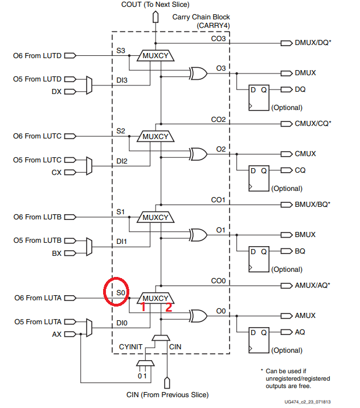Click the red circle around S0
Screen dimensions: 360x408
click(x=104, y=291)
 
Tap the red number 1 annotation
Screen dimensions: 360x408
click(x=143, y=307)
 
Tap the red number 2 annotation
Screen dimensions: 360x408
click(x=169, y=307)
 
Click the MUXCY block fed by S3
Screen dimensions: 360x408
click(x=156, y=56)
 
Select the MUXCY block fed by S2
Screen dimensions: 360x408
click(x=156, y=136)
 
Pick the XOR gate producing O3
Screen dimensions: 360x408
click(x=198, y=74)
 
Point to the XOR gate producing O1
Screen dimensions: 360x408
click(x=198, y=235)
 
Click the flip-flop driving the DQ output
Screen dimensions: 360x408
click(x=259, y=98)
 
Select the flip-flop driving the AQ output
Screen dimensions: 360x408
click(x=259, y=340)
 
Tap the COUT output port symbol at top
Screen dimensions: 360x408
click(x=156, y=17)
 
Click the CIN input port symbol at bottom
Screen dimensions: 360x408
click(x=167, y=383)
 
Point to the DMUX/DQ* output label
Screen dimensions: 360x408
click(x=313, y=43)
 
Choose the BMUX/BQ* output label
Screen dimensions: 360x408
click(x=312, y=205)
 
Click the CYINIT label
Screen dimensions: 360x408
click(x=130, y=347)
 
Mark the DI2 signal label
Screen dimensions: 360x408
click(x=122, y=161)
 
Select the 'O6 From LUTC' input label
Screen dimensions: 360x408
click(x=37, y=136)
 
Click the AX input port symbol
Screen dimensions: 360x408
click(x=70, y=334)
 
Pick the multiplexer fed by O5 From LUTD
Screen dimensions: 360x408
click(x=89, y=85)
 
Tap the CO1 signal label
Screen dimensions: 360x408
click(x=218, y=200)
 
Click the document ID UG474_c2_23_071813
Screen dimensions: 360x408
click(x=308, y=402)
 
